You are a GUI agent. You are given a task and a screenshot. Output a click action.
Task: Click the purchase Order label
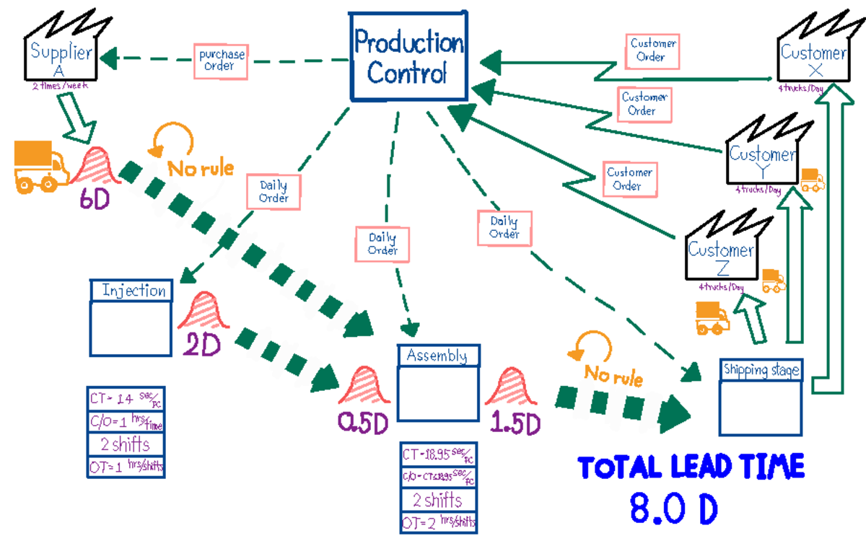pyautogui.click(x=223, y=61)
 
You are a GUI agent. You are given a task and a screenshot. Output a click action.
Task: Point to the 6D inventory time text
pyautogui.click(x=95, y=199)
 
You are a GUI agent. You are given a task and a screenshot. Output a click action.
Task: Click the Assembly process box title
pyautogui.click(x=437, y=356)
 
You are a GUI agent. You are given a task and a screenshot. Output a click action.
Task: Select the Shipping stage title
pyautogui.click(x=761, y=370)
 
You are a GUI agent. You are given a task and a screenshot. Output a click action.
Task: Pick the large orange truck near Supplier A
pyautogui.click(x=40, y=166)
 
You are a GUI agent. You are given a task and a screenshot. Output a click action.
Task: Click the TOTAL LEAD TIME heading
pyautogui.click(x=691, y=467)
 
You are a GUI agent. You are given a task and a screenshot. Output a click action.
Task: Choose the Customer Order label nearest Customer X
pyautogui.click(x=652, y=50)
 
